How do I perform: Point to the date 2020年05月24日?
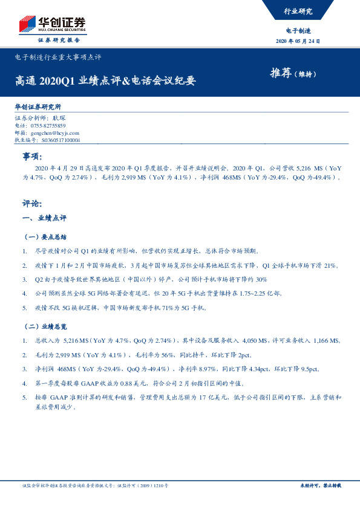tap(298, 41)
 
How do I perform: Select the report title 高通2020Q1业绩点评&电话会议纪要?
tap(106, 80)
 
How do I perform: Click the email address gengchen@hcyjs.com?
tap(54, 132)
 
